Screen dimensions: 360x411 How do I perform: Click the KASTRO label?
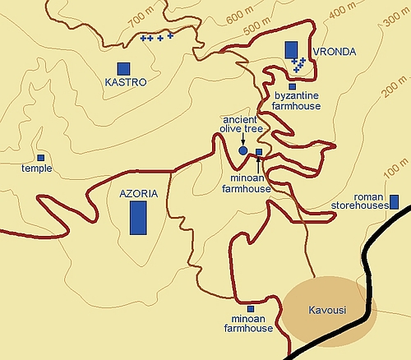[x=126, y=82]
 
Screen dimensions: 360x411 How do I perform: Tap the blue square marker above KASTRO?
[x=124, y=67]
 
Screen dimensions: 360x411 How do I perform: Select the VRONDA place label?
[x=335, y=52]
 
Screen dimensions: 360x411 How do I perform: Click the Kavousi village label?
[x=324, y=311]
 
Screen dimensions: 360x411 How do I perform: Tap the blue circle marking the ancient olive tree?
[x=242, y=151]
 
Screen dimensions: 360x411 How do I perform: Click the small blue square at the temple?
[x=40, y=157]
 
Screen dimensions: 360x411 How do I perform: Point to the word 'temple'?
[x=37, y=168]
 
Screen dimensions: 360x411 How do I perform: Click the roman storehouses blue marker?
[x=394, y=201]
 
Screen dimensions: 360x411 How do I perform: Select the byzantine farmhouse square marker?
[x=292, y=86]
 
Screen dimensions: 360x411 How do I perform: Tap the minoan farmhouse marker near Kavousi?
[x=250, y=309]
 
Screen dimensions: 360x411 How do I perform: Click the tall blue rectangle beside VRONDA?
[x=291, y=48]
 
